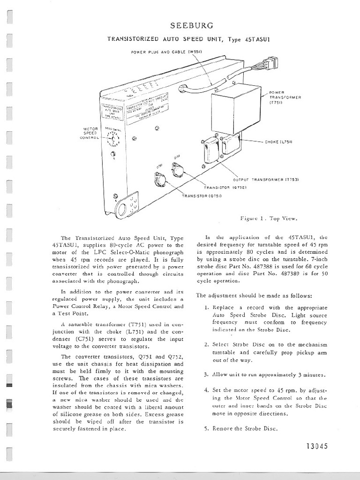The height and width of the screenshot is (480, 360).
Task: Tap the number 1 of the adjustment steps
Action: pyautogui.click(x=207, y=307)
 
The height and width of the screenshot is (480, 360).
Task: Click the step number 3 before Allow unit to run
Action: pyautogui.click(x=207, y=375)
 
